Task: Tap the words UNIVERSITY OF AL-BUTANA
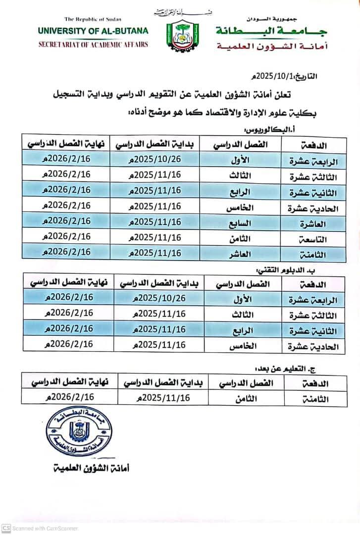point(93,31)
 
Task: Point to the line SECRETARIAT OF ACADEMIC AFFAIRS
point(93,45)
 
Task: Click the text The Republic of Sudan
point(93,19)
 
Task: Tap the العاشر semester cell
point(241,254)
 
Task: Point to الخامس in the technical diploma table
point(243,346)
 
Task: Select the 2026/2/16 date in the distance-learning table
point(69,397)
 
